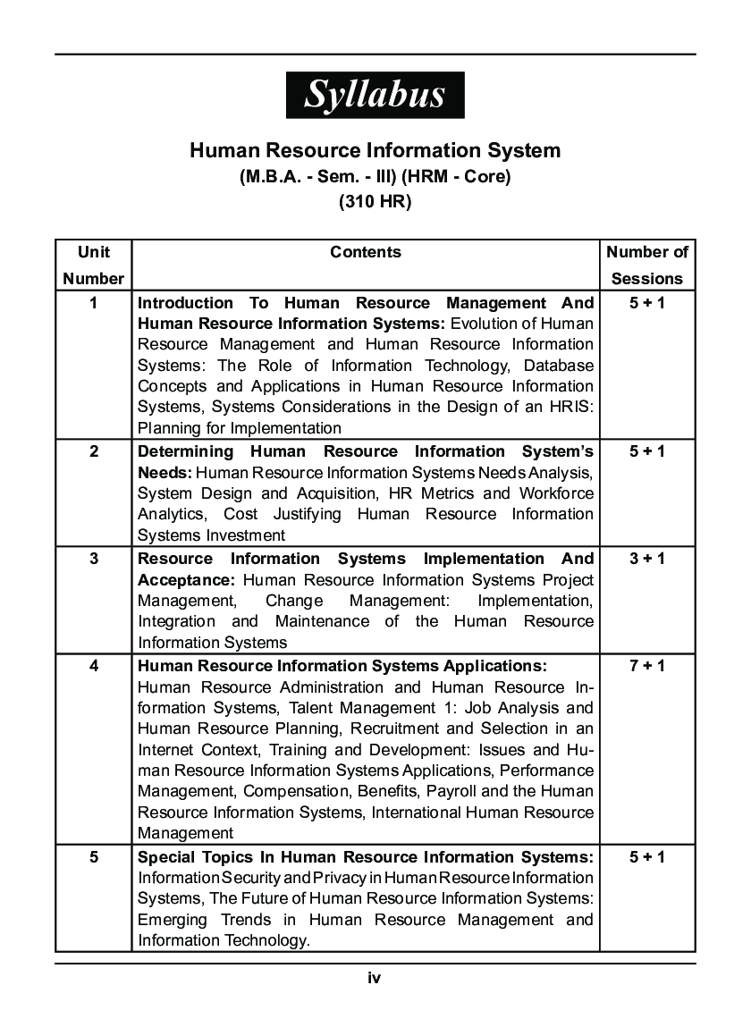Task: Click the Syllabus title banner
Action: tap(375, 95)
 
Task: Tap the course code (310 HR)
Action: tap(375, 202)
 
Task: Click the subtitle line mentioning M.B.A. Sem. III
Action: tap(375, 177)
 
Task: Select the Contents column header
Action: tap(366, 253)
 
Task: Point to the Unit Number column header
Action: tap(93, 265)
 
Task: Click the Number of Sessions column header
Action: tap(647, 265)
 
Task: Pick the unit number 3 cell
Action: tap(93, 560)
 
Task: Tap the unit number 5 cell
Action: tap(93, 857)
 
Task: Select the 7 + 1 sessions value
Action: tap(647, 667)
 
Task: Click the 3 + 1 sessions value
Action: tap(647, 560)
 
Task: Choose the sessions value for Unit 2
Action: tap(647, 452)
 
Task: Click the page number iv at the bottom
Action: tap(375, 978)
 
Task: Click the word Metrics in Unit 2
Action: tap(482, 493)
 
